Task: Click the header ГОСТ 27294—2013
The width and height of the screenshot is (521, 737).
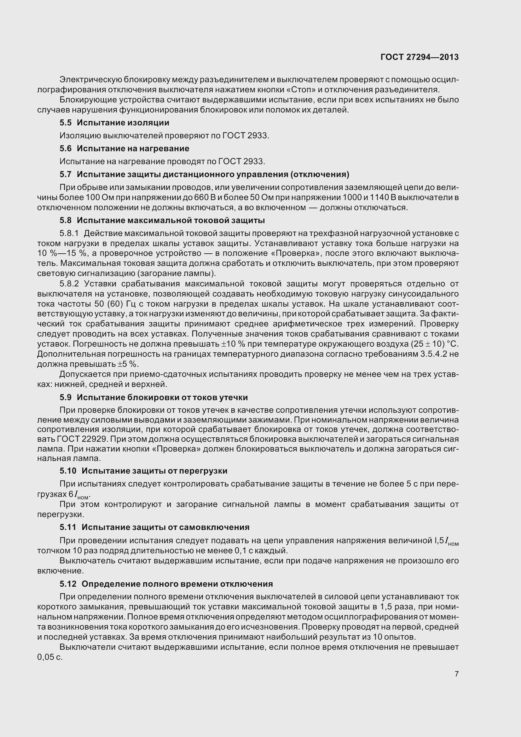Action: click(419, 57)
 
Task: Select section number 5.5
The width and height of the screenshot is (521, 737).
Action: click(65, 123)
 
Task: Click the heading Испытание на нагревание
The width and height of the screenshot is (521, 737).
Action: click(133, 148)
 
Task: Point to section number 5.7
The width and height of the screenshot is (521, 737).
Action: click(65, 174)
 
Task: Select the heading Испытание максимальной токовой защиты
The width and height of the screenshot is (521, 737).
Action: click(171, 220)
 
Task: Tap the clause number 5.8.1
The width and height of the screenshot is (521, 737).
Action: click(69, 233)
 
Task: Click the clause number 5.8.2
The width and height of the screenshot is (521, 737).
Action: click(69, 284)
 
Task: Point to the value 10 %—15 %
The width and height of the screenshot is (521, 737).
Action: click(62, 253)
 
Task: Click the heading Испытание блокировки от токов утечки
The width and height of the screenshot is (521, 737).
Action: click(162, 397)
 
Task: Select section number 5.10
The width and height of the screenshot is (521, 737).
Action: click(68, 471)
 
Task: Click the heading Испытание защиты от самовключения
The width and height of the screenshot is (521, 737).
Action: click(165, 527)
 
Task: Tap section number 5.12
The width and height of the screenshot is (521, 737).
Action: click(68, 584)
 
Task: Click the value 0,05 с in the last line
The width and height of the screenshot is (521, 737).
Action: click(50, 657)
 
